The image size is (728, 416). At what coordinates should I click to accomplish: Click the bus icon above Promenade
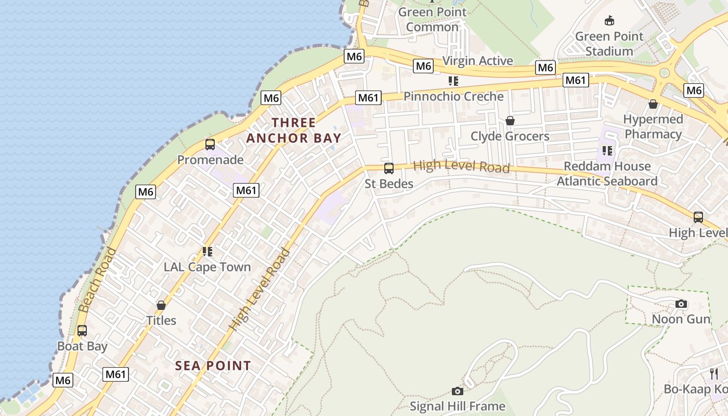pyautogui.click(x=210, y=145)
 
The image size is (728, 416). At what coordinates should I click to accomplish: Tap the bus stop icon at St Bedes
pyautogui.click(x=388, y=168)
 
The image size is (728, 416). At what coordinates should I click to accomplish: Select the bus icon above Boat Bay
pyautogui.click(x=82, y=331)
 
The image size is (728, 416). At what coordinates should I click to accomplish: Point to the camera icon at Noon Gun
pyautogui.click(x=681, y=304)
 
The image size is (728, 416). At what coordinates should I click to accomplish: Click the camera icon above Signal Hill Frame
pyautogui.click(x=458, y=391)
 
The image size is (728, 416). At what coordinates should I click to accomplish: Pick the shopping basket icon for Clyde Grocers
pyautogui.click(x=510, y=121)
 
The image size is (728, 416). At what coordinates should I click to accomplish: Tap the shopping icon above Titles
pyautogui.click(x=161, y=305)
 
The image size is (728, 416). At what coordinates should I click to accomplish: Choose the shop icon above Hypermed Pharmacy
pyautogui.click(x=653, y=104)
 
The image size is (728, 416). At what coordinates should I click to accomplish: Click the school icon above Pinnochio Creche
pyautogui.click(x=453, y=81)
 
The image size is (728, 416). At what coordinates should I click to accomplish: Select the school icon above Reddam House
pyautogui.click(x=607, y=151)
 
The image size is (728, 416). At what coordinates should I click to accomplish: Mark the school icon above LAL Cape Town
pyautogui.click(x=207, y=252)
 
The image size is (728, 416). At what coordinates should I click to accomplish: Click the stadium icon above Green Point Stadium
pyautogui.click(x=609, y=21)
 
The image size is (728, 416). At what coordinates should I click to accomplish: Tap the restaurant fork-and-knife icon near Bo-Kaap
pyautogui.click(x=714, y=373)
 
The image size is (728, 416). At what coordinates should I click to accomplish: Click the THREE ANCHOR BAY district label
pyautogui.click(x=294, y=131)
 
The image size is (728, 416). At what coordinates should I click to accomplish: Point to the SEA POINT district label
pyautogui.click(x=213, y=366)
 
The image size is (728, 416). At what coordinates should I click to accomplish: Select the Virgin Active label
pyautogui.click(x=477, y=61)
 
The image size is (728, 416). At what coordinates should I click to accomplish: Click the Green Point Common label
pyautogui.click(x=433, y=19)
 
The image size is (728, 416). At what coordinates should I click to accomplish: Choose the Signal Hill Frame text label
pyautogui.click(x=458, y=406)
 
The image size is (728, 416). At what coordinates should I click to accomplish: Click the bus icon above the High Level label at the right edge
pyautogui.click(x=698, y=217)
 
